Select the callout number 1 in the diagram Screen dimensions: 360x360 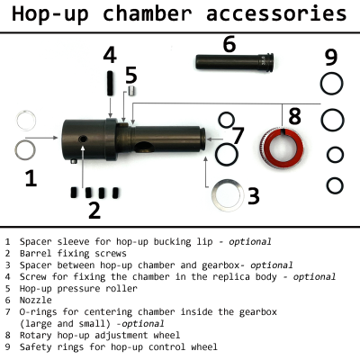tap(31, 178)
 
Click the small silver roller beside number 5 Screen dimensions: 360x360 tap(130, 90)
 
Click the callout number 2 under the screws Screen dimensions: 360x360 tap(94, 211)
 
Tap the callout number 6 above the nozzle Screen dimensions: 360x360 tap(229, 43)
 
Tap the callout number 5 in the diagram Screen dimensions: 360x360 tap(130, 74)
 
